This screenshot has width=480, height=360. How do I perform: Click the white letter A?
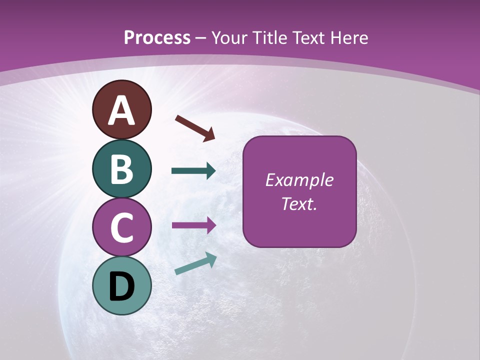click(x=121, y=111)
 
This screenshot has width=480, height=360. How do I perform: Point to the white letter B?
click(x=121, y=169)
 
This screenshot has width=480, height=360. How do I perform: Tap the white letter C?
click(x=121, y=227)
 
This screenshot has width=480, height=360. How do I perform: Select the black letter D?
click(x=121, y=286)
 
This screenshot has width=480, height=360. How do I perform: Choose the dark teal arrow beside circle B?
click(x=193, y=171)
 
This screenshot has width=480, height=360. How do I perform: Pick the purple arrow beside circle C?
click(x=194, y=225)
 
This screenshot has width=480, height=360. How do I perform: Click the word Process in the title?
click(x=157, y=37)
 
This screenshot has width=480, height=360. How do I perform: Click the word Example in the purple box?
click(x=299, y=180)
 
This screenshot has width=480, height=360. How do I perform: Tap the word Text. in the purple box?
click(x=299, y=203)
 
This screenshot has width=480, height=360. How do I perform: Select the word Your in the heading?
click(x=228, y=37)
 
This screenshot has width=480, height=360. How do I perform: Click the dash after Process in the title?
click(x=201, y=38)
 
